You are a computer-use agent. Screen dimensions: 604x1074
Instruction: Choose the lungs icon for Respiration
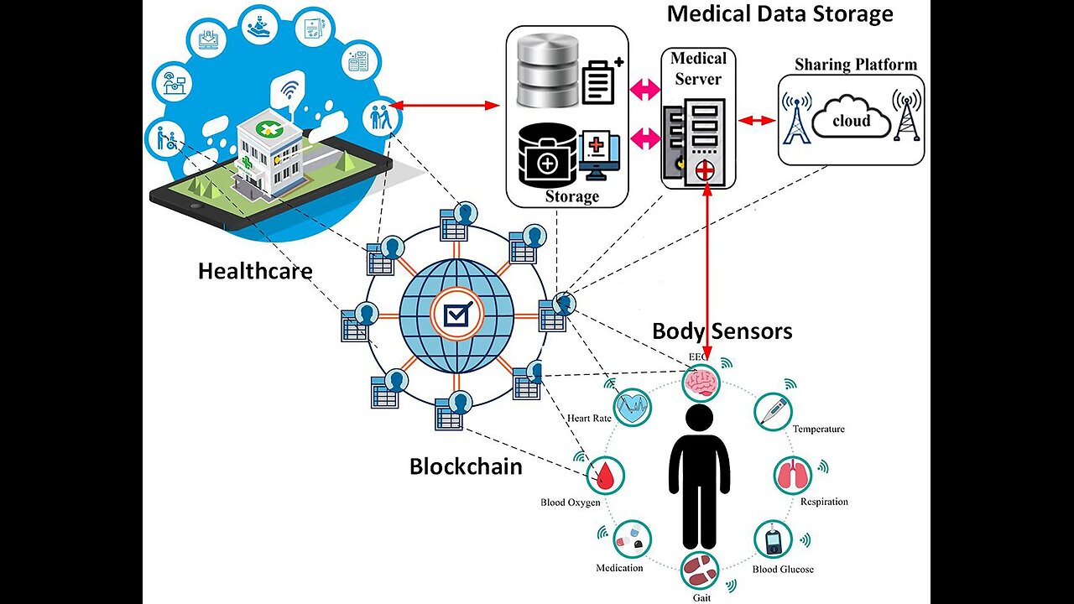click(791, 475)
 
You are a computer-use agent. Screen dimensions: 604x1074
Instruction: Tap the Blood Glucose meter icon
click(772, 539)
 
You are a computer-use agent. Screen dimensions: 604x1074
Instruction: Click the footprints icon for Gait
click(700, 570)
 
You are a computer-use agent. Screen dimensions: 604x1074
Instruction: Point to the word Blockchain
click(466, 466)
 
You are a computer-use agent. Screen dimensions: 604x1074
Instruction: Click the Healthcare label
click(255, 271)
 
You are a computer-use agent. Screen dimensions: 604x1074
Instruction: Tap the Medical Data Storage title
click(779, 13)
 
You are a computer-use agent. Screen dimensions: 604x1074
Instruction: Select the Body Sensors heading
click(722, 331)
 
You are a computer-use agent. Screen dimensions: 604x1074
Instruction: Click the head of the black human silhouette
click(699, 417)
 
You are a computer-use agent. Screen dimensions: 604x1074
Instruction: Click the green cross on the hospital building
click(269, 129)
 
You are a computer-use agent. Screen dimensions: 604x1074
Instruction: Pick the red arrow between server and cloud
click(757, 121)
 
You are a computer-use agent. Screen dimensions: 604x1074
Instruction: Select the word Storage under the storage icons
click(572, 196)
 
